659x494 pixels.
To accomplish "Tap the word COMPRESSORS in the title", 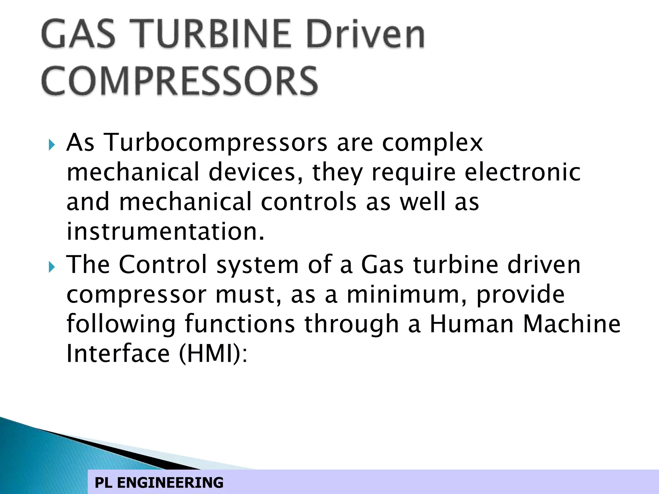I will click(x=180, y=81).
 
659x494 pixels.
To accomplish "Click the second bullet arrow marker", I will click(x=52, y=267).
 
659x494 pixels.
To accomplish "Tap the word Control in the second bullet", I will click(x=163, y=264).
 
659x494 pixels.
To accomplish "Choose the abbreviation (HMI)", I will click(x=213, y=353).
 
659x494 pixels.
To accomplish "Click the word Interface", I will click(x=118, y=353).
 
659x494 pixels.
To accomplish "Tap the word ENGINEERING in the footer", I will click(x=170, y=483).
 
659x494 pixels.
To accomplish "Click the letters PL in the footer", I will click(x=103, y=483).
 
